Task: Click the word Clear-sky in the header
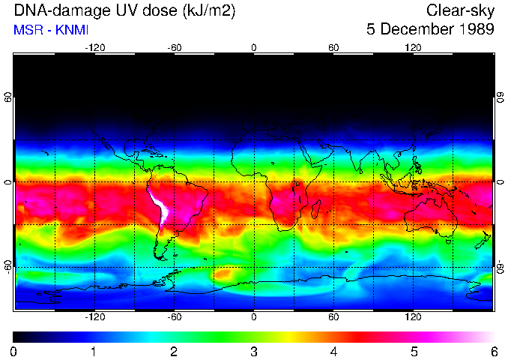tap(460, 10)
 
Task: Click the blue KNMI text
tap(70, 30)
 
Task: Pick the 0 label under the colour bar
tap(13, 351)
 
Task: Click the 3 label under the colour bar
tap(254, 351)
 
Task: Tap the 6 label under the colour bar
tap(494, 351)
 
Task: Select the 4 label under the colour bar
tap(334, 351)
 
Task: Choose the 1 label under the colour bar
tap(94, 351)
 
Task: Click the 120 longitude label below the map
tap(414, 317)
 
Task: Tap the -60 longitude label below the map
tap(174, 317)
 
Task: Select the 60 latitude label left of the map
tap(8, 97)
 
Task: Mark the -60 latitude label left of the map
tap(8, 267)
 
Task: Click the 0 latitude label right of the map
tap(500, 182)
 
